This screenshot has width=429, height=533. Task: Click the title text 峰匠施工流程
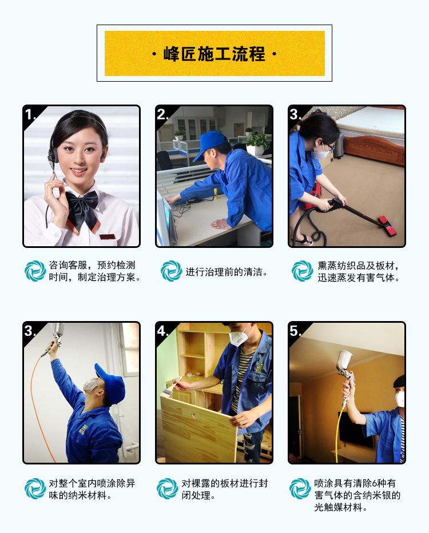214,54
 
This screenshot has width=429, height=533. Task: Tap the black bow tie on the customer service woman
82,210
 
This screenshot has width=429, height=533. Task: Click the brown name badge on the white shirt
108,237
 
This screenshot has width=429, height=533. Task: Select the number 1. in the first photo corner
30,115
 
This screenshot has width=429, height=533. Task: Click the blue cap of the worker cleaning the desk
209,144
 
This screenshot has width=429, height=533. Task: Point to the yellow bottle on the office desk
216,194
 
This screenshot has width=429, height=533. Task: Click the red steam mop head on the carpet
387,226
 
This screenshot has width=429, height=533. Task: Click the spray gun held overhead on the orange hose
55,337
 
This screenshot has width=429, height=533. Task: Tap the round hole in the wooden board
193,415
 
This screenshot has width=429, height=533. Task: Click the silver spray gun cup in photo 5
344,362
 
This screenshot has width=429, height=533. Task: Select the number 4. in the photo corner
162,331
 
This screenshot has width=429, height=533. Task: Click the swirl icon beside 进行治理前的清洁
171,271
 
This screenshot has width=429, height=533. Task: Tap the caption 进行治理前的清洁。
227,272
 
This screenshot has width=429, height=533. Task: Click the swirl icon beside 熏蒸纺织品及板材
303,271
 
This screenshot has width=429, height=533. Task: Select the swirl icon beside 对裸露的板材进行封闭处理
168,489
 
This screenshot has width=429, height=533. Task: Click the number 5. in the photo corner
295,331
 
